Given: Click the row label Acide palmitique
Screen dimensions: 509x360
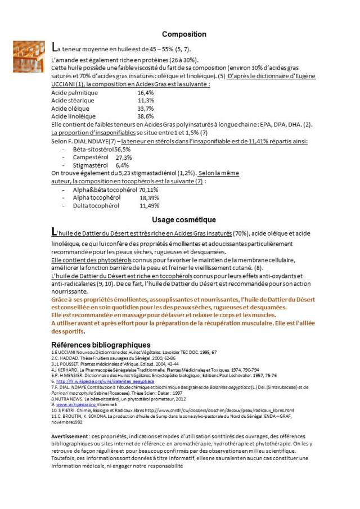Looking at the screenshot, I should pos(74,93).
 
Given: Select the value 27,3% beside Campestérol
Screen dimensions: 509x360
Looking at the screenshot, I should pos(124,158).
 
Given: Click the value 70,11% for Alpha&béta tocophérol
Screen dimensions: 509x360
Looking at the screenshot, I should pos(149,190).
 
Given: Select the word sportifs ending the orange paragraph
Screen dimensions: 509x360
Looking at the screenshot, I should pos(62,332).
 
